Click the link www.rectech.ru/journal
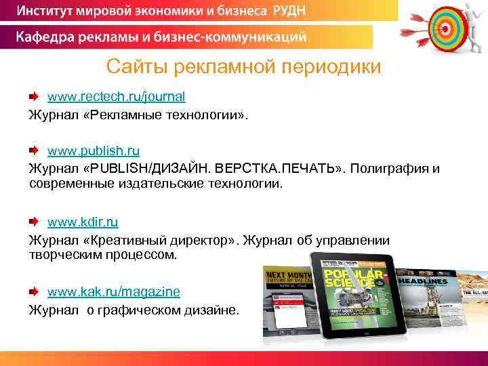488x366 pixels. pos(116,96)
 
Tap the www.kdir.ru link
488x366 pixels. pos(83,222)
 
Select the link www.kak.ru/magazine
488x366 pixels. pos(114,291)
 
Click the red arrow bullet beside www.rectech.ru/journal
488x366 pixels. pos(34,96)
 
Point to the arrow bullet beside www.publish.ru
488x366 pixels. pos(34,150)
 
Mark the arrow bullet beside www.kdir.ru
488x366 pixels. pos(34,222)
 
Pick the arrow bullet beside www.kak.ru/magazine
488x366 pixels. pos(34,291)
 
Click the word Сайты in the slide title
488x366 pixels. pos(136,67)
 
